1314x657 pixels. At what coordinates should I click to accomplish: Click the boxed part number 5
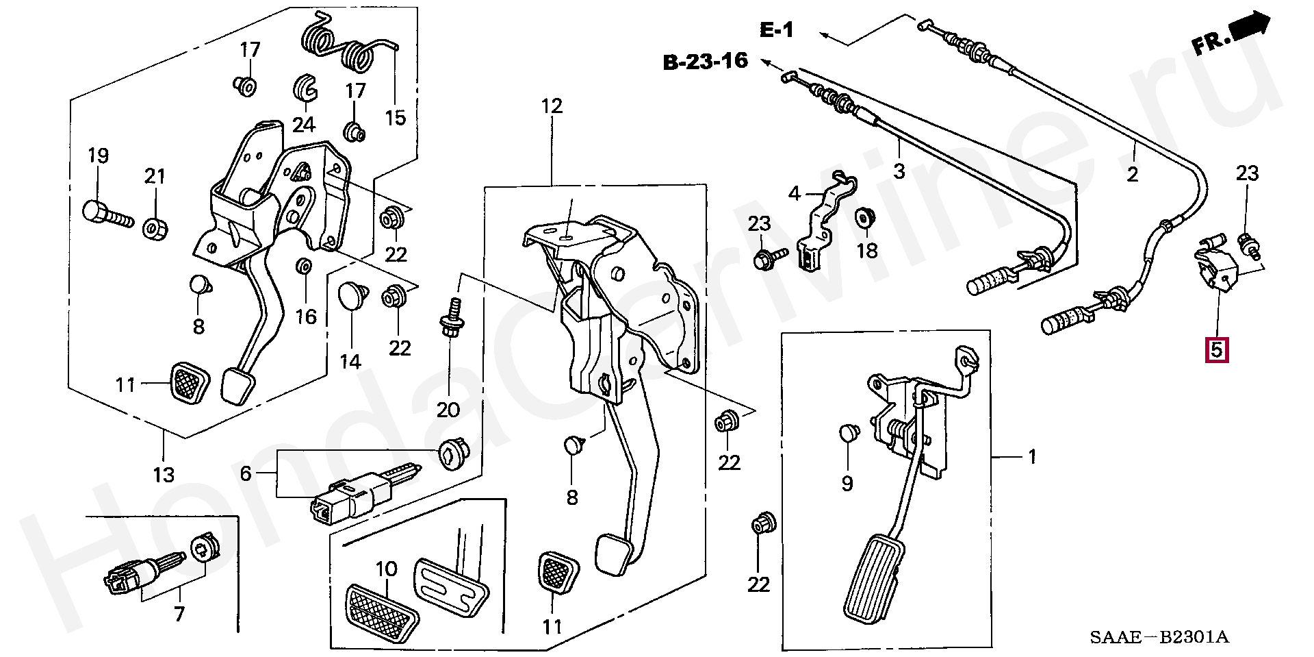[x=1215, y=350]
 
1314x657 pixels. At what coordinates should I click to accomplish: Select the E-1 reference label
[x=776, y=30]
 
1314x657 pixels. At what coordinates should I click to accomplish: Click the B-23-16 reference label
[x=705, y=62]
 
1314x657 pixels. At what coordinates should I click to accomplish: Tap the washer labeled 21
[x=157, y=227]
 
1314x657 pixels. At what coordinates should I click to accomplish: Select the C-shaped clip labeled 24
[x=304, y=88]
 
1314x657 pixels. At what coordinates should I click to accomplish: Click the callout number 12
[x=551, y=106]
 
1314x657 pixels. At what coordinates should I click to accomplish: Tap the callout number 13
[x=164, y=473]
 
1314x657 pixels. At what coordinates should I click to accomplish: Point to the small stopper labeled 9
[x=849, y=433]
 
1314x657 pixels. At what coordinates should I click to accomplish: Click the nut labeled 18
[x=864, y=219]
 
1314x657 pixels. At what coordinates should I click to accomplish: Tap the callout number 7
[x=179, y=614]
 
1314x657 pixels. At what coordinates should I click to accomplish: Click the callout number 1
[x=1032, y=456]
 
